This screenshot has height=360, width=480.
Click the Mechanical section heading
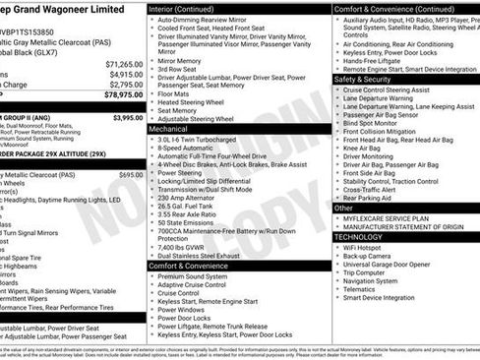(x=168, y=128)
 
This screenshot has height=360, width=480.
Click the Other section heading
(x=343, y=208)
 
